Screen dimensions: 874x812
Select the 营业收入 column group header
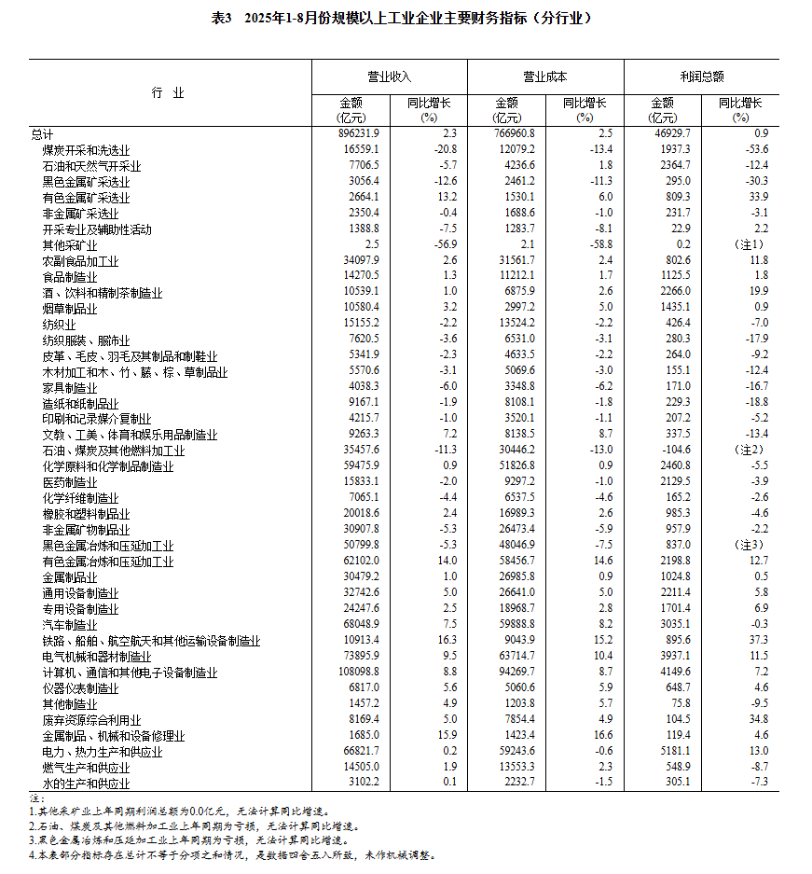[388, 77]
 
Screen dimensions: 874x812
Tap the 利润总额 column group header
[701, 77]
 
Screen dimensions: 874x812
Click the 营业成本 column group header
[544, 77]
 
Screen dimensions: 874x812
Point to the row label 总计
[42, 134]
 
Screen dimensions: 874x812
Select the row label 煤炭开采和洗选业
[86, 150]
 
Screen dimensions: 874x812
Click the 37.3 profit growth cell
[758, 641]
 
